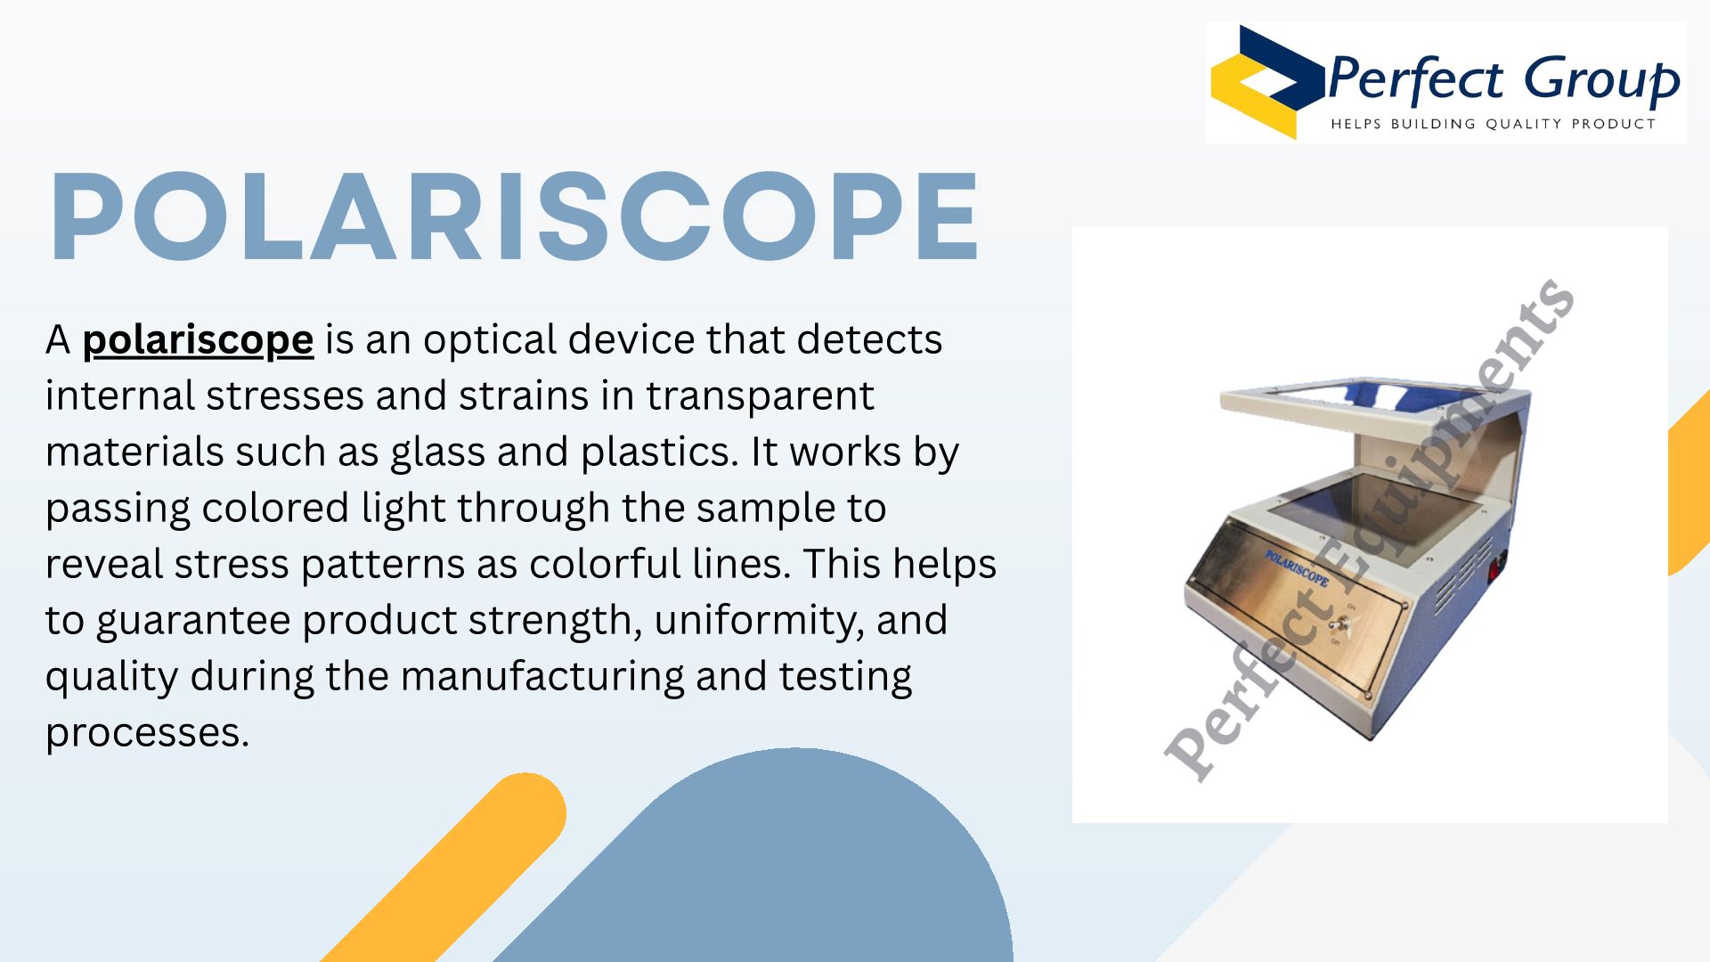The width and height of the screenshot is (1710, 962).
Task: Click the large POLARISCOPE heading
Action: [515, 216]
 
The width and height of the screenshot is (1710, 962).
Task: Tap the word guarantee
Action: [194, 622]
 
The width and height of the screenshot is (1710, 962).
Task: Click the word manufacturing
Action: [541, 677]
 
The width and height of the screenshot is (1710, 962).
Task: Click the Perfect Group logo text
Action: [1502, 80]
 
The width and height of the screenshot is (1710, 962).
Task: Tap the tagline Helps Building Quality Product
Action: [1493, 124]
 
